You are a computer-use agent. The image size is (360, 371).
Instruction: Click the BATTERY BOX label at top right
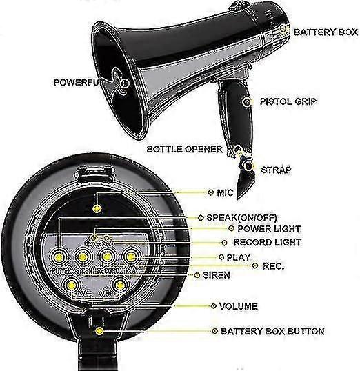click(x=326, y=32)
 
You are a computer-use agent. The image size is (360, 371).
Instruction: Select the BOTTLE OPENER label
click(x=184, y=149)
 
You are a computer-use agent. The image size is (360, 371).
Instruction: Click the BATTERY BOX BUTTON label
click(x=272, y=331)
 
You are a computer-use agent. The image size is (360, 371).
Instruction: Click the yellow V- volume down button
click(x=70, y=283)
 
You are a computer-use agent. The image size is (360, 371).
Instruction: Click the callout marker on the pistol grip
click(x=247, y=101)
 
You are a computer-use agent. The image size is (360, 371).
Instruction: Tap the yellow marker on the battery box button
click(x=100, y=331)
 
